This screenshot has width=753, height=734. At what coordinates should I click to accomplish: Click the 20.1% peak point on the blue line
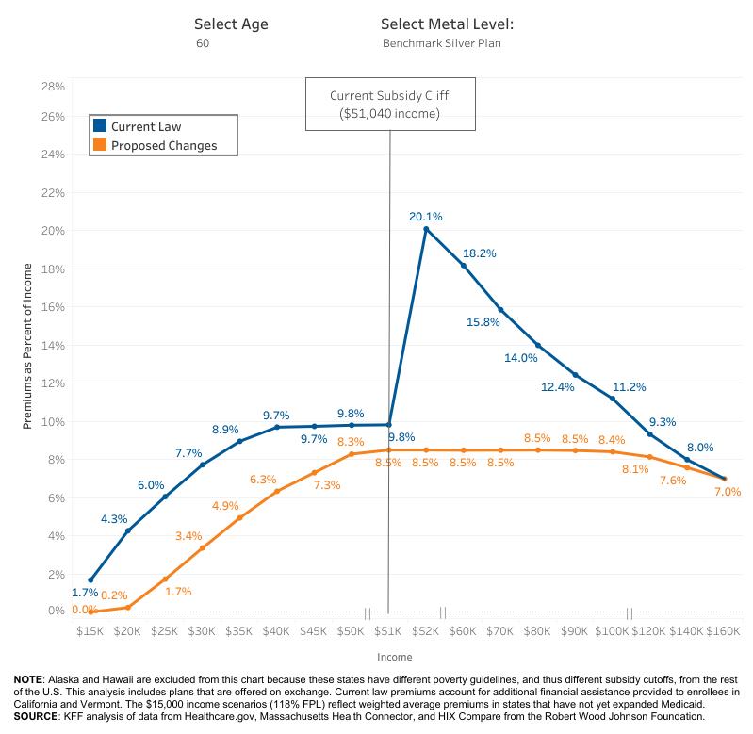click(x=426, y=229)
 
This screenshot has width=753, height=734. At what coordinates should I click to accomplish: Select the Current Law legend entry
click(x=146, y=126)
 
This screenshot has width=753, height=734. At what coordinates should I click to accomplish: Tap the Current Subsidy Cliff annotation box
click(x=390, y=105)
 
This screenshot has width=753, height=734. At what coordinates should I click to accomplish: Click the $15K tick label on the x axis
click(x=90, y=630)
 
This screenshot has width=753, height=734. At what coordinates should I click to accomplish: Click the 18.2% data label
click(x=479, y=253)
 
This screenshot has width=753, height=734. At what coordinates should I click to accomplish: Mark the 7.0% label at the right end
click(x=727, y=491)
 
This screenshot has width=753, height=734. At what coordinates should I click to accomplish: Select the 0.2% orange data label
click(x=114, y=595)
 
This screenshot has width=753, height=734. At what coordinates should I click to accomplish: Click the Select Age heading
click(x=231, y=24)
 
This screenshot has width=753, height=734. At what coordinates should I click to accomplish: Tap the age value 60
click(x=203, y=43)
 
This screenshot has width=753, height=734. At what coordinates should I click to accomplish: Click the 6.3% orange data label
click(x=263, y=480)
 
